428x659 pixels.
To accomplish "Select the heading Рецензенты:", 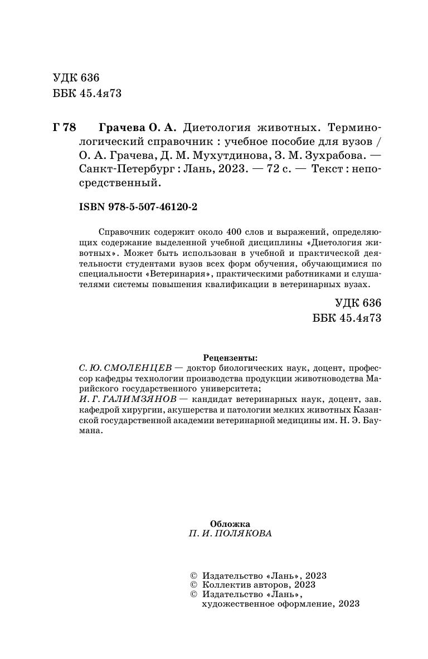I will tap(230, 357).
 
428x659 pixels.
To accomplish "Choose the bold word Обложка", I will tap(230, 524).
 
